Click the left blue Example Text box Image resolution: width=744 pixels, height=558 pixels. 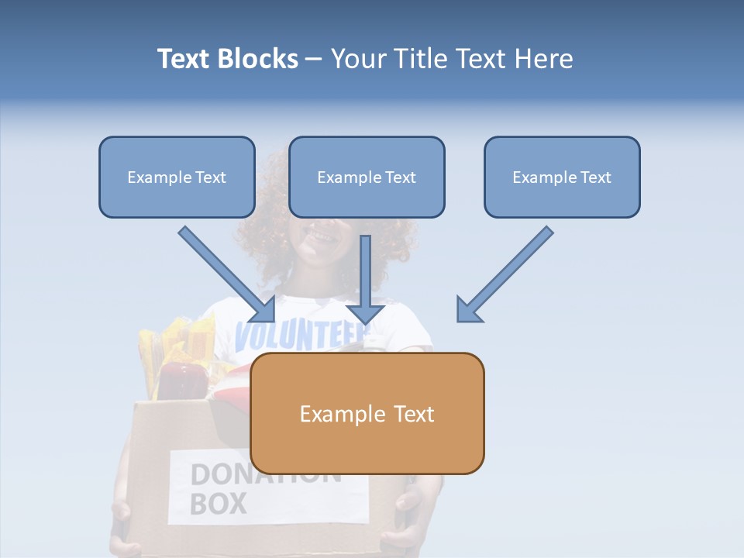point(177,177)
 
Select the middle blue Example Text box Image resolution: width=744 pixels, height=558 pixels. point(367,177)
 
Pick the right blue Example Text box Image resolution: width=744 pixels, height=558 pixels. point(562,177)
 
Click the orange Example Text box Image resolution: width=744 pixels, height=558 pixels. point(367,413)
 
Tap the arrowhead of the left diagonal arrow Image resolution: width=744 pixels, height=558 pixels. point(264,310)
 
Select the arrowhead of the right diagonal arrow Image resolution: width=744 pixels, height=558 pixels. point(468,310)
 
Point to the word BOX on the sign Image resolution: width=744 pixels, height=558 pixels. point(218,504)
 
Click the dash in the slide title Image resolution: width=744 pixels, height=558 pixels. point(314,60)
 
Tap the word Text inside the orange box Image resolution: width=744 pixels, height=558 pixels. point(414,414)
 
